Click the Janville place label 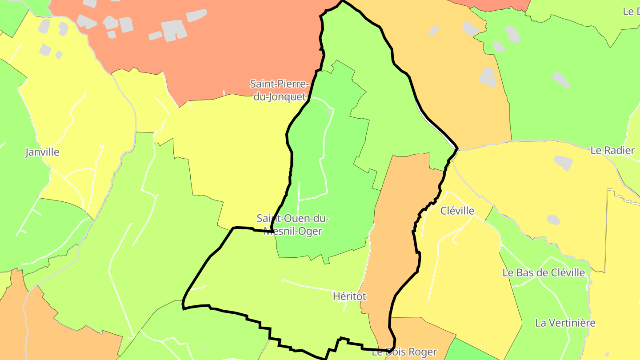coord(42,152)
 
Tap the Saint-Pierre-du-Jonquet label coord(279,90)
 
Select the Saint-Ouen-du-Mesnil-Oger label coord(292,225)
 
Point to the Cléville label coord(457,211)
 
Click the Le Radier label coord(612,150)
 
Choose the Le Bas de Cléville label coord(544,272)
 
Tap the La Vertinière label coord(565,323)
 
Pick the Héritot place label coord(349,296)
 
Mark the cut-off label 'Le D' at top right coord(631,12)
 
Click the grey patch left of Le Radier coord(564,163)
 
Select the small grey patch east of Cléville coord(553,220)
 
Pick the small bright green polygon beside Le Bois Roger coord(467,351)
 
